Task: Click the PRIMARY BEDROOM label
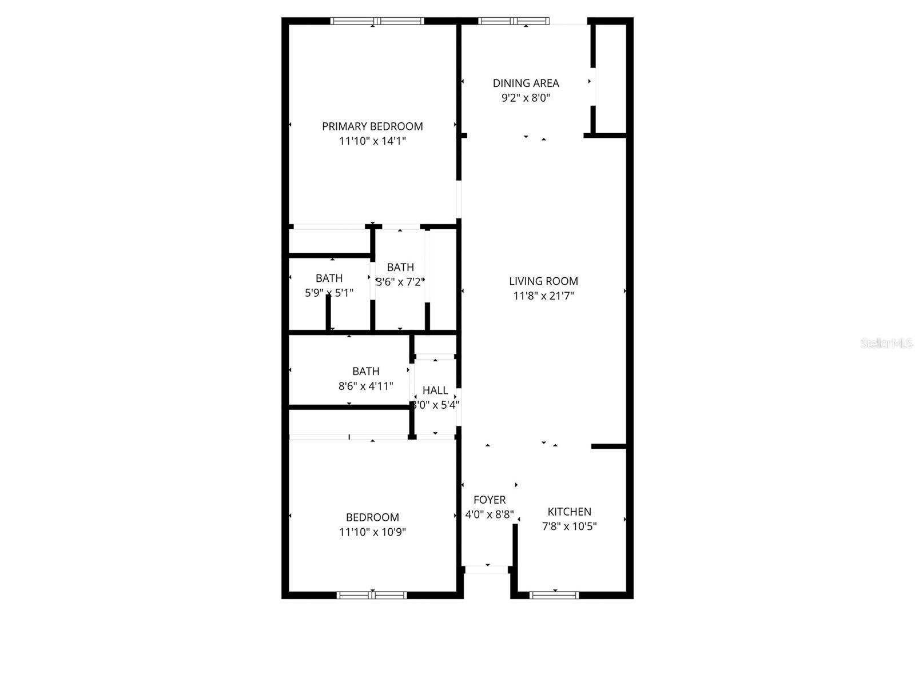[x=372, y=126]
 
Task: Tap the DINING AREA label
[x=526, y=83]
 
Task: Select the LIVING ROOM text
[x=543, y=281]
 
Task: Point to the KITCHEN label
[x=569, y=512]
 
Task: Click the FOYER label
[x=490, y=500]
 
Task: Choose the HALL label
[x=435, y=390]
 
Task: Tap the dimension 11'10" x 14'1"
[x=372, y=141]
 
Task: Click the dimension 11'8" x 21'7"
[x=543, y=296]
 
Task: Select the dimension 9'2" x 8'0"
[x=526, y=98]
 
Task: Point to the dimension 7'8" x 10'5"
[x=569, y=527]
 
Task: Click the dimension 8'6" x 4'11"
[x=365, y=386]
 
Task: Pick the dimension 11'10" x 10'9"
[x=372, y=532]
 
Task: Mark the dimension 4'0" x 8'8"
[x=490, y=514]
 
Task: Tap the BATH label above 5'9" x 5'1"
[x=329, y=278]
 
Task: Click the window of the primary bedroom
[x=377, y=21]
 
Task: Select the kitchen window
[x=554, y=595]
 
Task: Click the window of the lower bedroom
[x=372, y=595]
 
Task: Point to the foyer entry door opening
[x=486, y=569]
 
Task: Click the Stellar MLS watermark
[x=886, y=344]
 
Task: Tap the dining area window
[x=514, y=21]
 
